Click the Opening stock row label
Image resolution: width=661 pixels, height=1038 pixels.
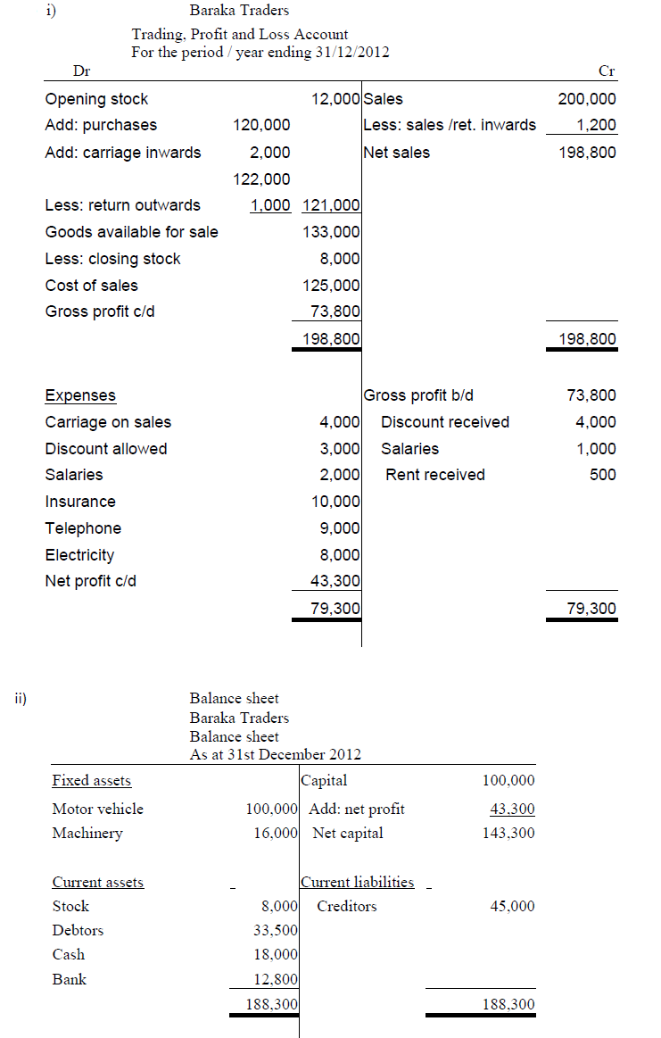96,99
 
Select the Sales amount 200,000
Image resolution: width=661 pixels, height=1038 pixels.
586,99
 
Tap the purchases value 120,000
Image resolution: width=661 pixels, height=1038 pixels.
261,125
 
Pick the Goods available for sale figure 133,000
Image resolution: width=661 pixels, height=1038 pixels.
331,232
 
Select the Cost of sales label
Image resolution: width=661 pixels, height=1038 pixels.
91,286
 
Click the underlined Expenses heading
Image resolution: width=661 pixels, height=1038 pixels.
80,395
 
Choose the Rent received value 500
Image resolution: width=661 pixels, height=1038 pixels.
602,475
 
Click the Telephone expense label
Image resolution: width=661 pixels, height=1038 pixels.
83,528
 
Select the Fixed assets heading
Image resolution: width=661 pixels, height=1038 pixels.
91,781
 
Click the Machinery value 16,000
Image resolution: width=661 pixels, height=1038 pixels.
276,833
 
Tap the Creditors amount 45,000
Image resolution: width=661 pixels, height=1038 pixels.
513,906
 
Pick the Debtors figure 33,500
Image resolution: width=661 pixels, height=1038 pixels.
276,931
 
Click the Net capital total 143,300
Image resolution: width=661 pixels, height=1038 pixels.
508,833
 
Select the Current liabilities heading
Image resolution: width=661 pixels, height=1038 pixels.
358,882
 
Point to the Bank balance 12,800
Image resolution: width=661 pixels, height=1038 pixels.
276,979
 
